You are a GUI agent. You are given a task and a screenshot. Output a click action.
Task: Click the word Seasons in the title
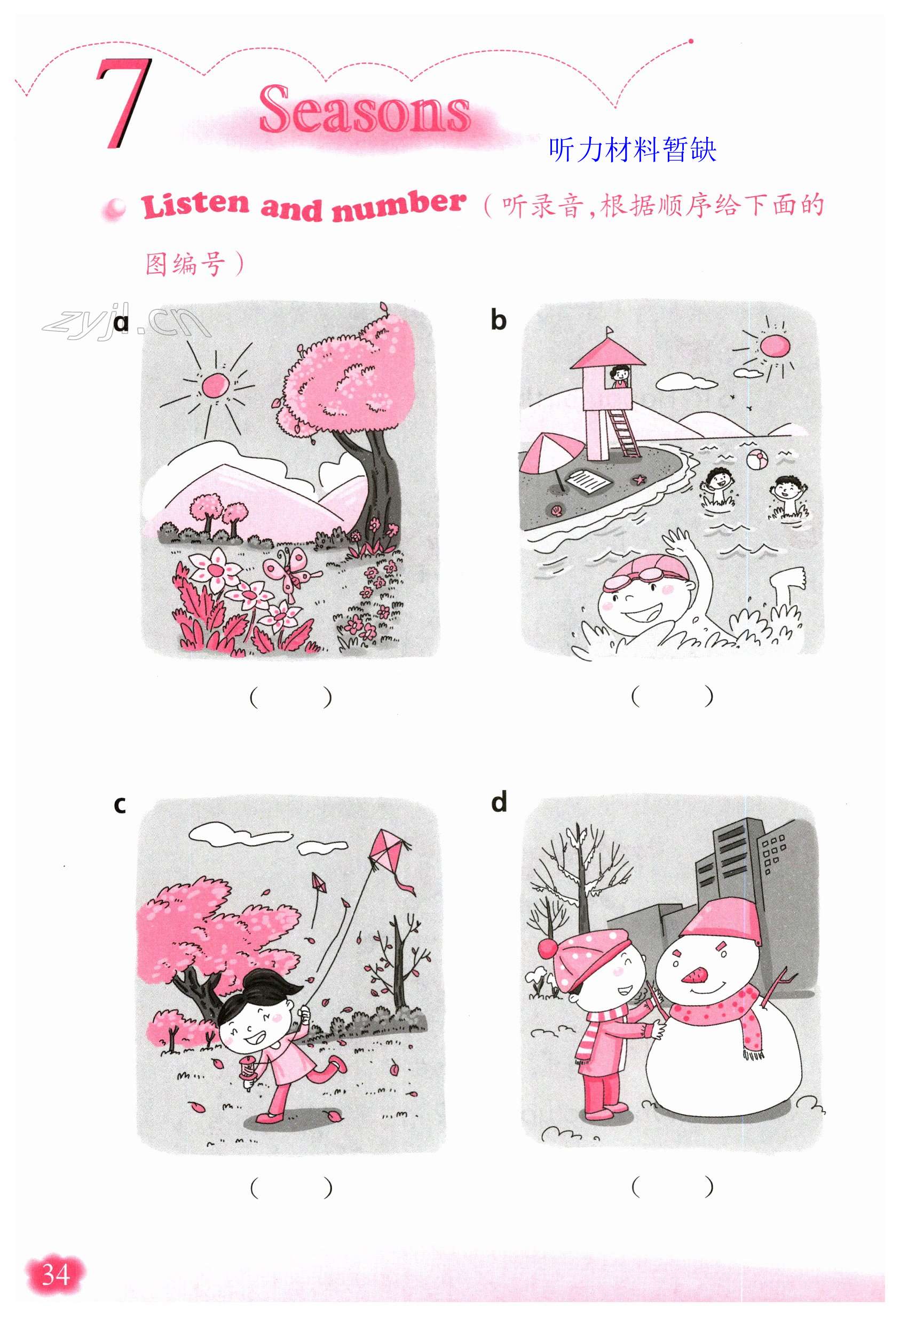pyautogui.click(x=365, y=109)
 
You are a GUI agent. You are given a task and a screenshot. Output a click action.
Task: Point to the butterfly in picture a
pyautogui.click(x=291, y=569)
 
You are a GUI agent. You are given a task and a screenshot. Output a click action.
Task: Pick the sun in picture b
pyautogui.click(x=774, y=346)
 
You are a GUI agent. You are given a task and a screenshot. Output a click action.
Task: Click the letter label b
pyautogui.click(x=498, y=320)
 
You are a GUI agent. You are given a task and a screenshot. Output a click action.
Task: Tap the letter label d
pyautogui.click(x=499, y=802)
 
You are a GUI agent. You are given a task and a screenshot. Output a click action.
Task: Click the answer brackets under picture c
pyautogui.click(x=291, y=1187)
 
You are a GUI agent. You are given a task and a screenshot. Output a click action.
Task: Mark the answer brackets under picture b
pyautogui.click(x=672, y=696)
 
